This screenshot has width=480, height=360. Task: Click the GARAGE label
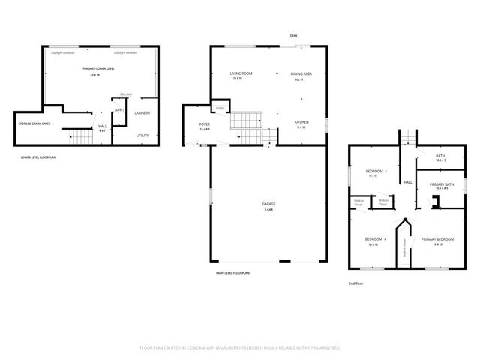pyautogui.click(x=268, y=204)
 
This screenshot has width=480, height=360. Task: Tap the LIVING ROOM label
pyautogui.click(x=241, y=73)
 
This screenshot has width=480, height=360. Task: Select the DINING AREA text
pyautogui.click(x=301, y=73)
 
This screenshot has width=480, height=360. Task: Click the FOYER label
pyautogui.click(x=204, y=124)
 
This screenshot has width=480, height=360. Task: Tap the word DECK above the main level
pyautogui.click(x=294, y=36)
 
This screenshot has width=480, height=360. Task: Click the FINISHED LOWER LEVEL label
pyautogui.click(x=98, y=68)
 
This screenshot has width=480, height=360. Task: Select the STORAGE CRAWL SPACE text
pyautogui.click(x=34, y=123)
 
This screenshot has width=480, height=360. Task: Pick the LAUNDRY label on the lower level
pyautogui.click(x=142, y=113)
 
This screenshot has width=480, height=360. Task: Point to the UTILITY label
pyautogui.click(x=142, y=135)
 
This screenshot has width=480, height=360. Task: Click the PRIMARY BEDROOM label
pyautogui.click(x=436, y=239)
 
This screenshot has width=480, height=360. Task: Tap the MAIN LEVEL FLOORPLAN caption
pyautogui.click(x=232, y=274)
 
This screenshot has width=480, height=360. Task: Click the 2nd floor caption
pyautogui.click(x=355, y=284)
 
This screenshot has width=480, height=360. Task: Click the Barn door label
pyautogui.click(x=126, y=94)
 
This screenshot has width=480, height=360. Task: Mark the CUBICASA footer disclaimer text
pyautogui.click(x=240, y=347)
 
